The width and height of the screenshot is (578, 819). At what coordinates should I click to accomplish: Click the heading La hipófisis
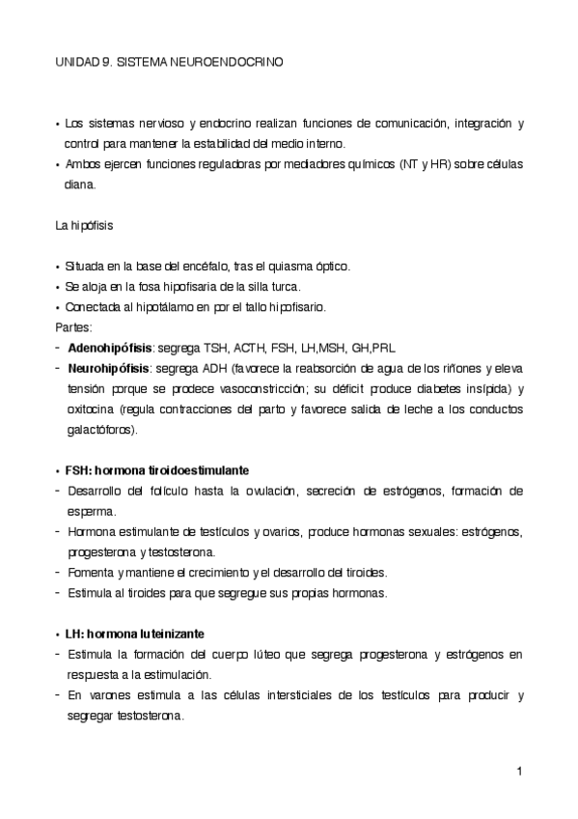(85, 226)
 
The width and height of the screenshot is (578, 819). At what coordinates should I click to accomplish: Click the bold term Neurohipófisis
(108, 368)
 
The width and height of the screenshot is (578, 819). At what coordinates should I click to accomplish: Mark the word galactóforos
(101, 430)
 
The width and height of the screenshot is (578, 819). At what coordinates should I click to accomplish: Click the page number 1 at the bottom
(519, 771)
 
